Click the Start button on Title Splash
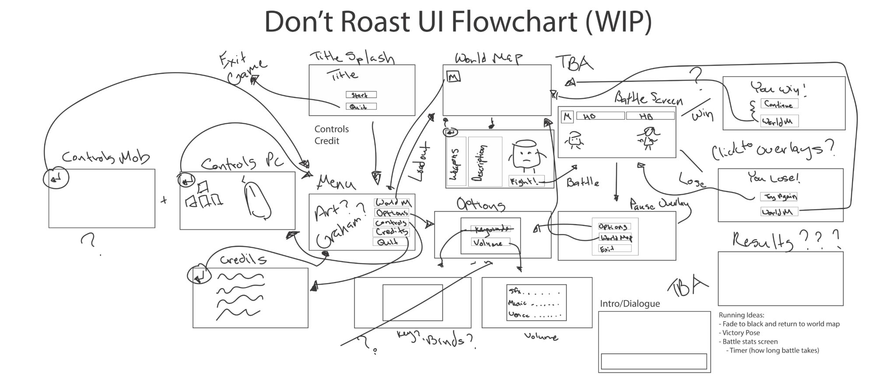coord(360,94)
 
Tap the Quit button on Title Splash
coord(360,106)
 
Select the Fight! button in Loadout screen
coord(526,181)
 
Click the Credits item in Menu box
coord(391,231)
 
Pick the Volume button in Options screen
coord(490,242)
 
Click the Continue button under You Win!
coord(779,104)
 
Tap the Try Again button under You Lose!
coord(778,197)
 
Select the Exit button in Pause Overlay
coord(614,248)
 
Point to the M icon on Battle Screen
coord(567,116)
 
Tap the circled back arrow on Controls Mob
coord(56,178)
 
